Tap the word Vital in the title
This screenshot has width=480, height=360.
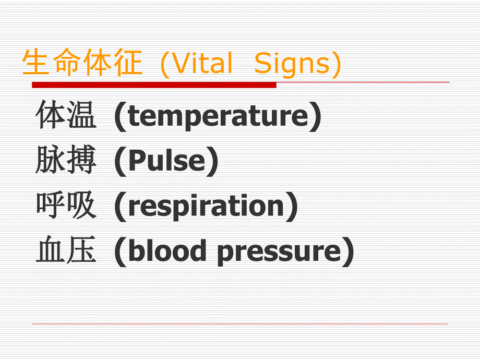[202, 64]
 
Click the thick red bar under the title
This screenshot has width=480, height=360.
[154, 85]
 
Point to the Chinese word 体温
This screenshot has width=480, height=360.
[66, 116]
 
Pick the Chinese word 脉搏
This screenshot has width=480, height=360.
[66, 161]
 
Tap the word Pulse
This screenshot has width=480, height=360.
[166, 161]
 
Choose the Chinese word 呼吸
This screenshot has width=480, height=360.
[66, 206]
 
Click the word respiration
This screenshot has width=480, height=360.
[206, 207]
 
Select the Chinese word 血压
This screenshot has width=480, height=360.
[66, 251]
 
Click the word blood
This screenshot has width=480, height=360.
[167, 251]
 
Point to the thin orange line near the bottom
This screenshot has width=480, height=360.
[240, 324]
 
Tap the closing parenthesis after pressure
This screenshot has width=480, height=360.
[347, 252]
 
